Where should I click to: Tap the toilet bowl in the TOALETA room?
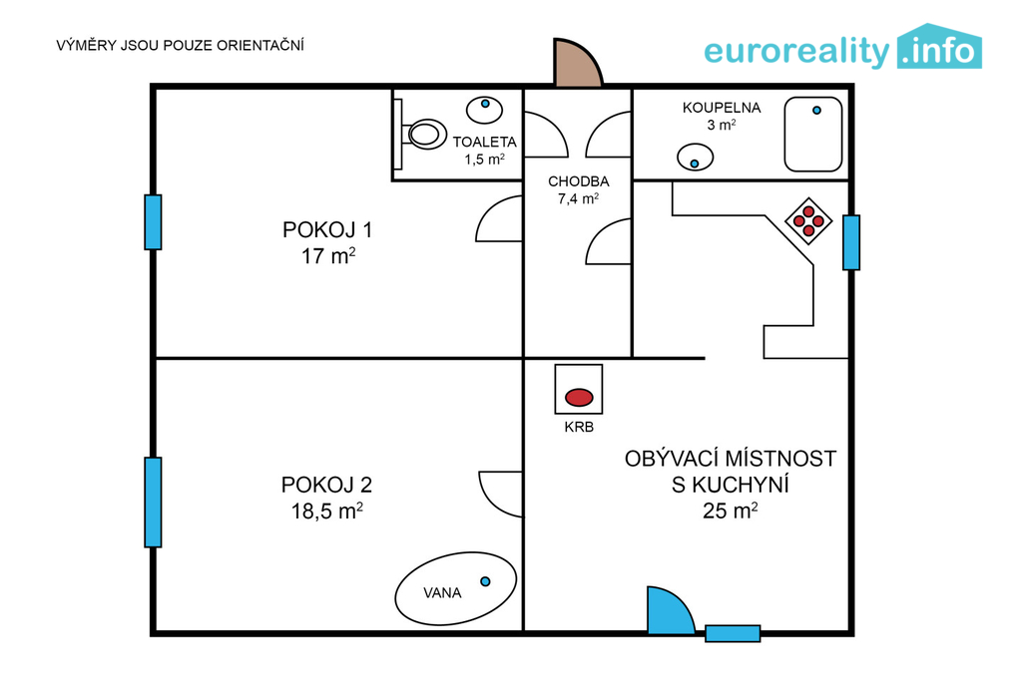[424, 135]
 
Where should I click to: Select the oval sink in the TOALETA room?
[484, 110]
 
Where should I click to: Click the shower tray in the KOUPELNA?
[812, 135]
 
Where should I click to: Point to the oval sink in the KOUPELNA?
[695, 157]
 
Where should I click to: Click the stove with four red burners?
[808, 220]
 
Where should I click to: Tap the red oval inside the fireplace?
[579, 397]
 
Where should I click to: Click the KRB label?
[579, 428]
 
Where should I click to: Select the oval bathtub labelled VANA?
[455, 589]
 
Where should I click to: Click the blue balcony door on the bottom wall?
[668, 612]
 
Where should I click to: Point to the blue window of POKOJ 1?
[153, 222]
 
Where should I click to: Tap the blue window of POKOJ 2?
[153, 503]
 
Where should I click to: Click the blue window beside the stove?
[851, 242]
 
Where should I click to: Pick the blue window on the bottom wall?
[733, 633]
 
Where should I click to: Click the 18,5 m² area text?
[326, 511]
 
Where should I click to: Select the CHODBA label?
[579, 181]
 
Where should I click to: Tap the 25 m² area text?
[730, 511]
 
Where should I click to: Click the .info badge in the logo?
[939, 48]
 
